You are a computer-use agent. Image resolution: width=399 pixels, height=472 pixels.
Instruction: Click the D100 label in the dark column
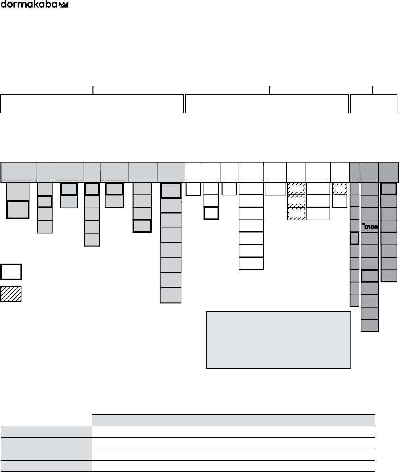click(370, 227)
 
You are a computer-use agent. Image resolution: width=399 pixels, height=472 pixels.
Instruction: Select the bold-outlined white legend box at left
click(11, 272)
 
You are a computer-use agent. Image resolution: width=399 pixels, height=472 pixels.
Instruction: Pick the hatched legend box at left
click(11, 294)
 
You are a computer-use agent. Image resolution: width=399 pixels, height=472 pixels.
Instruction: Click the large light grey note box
click(279, 340)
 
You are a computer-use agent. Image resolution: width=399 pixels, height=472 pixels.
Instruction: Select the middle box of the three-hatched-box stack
click(296, 201)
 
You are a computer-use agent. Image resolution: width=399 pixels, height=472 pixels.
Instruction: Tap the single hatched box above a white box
click(340, 189)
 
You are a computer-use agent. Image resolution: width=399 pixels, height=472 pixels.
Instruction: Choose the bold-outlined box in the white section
click(211, 213)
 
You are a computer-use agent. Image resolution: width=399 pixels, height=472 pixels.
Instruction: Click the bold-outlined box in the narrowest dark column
click(355, 239)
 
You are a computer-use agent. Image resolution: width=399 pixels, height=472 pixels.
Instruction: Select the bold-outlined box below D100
click(370, 276)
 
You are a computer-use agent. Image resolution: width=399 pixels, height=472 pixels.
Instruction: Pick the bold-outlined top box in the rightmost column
click(389, 189)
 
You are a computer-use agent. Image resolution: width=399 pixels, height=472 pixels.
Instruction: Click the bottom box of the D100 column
click(370, 325)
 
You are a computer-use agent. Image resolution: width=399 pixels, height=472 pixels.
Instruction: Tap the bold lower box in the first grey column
click(18, 209)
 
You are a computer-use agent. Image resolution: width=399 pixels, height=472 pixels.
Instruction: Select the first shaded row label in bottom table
click(46, 432)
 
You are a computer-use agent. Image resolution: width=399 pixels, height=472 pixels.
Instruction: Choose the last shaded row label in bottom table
click(46, 466)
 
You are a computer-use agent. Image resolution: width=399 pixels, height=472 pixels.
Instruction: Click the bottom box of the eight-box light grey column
click(171, 295)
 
